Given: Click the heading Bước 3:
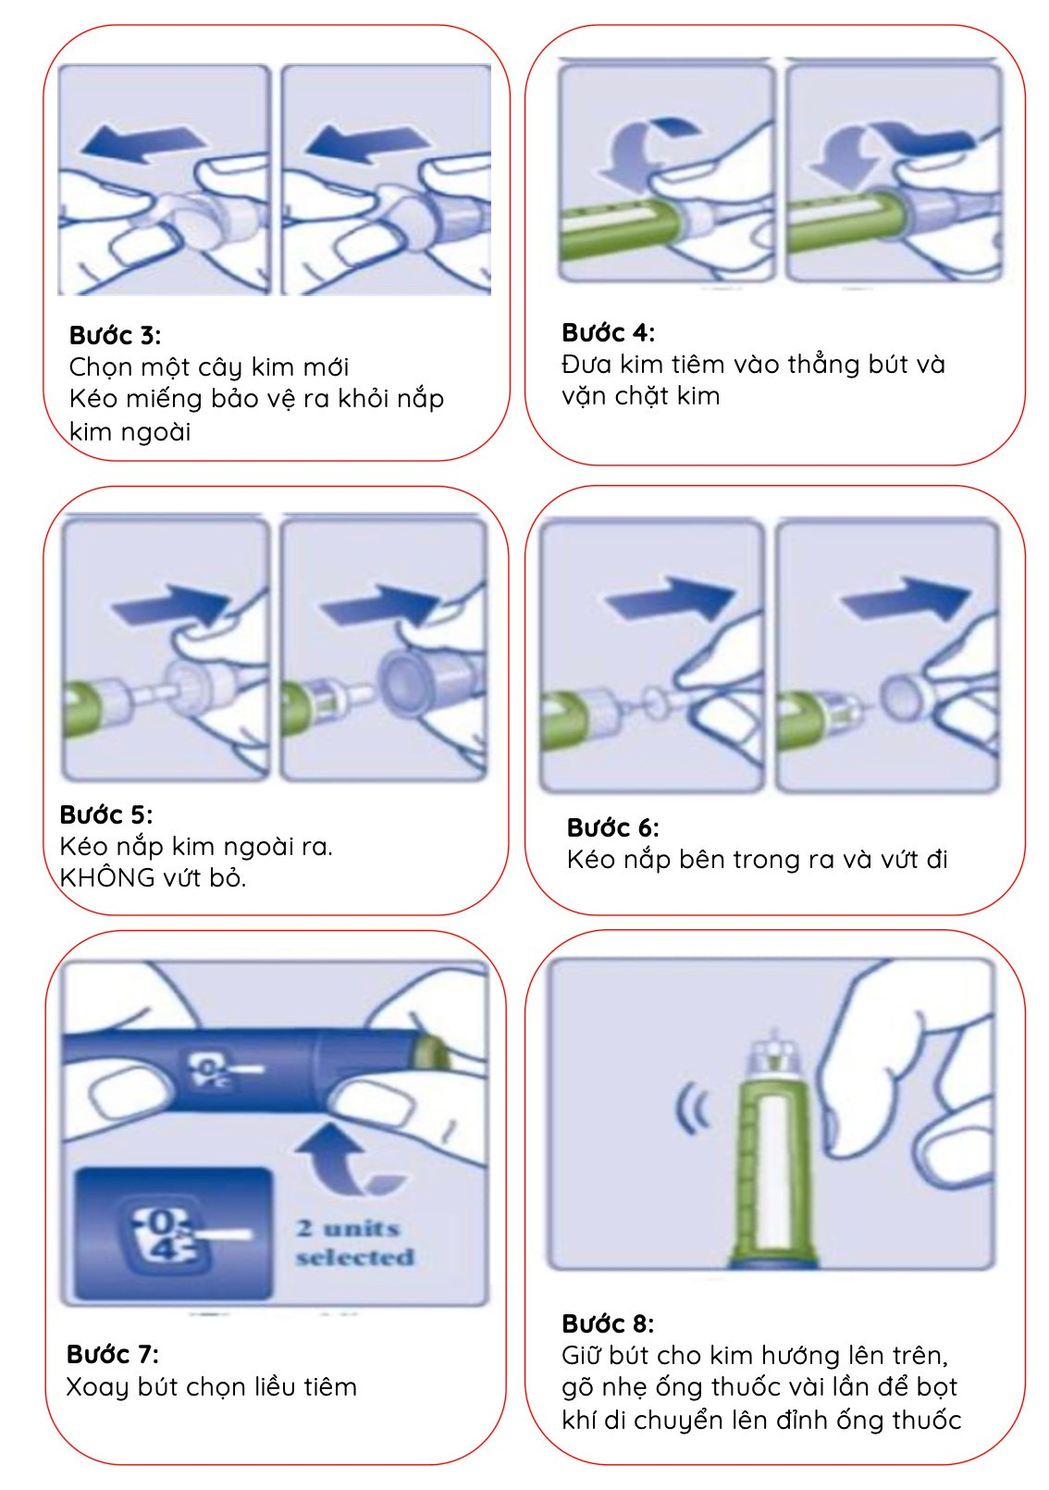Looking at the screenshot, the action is (115, 336).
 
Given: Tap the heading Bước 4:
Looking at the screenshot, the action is (609, 332).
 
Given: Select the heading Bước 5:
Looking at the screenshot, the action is (106, 814).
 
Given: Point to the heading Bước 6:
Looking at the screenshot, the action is (613, 828).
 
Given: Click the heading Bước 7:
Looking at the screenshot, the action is (112, 1354).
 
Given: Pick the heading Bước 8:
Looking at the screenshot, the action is (608, 1323).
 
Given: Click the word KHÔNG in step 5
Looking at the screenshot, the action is (107, 878).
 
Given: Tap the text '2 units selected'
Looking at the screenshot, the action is (355, 1242).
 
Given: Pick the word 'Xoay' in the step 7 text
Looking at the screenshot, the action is (97, 1387).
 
